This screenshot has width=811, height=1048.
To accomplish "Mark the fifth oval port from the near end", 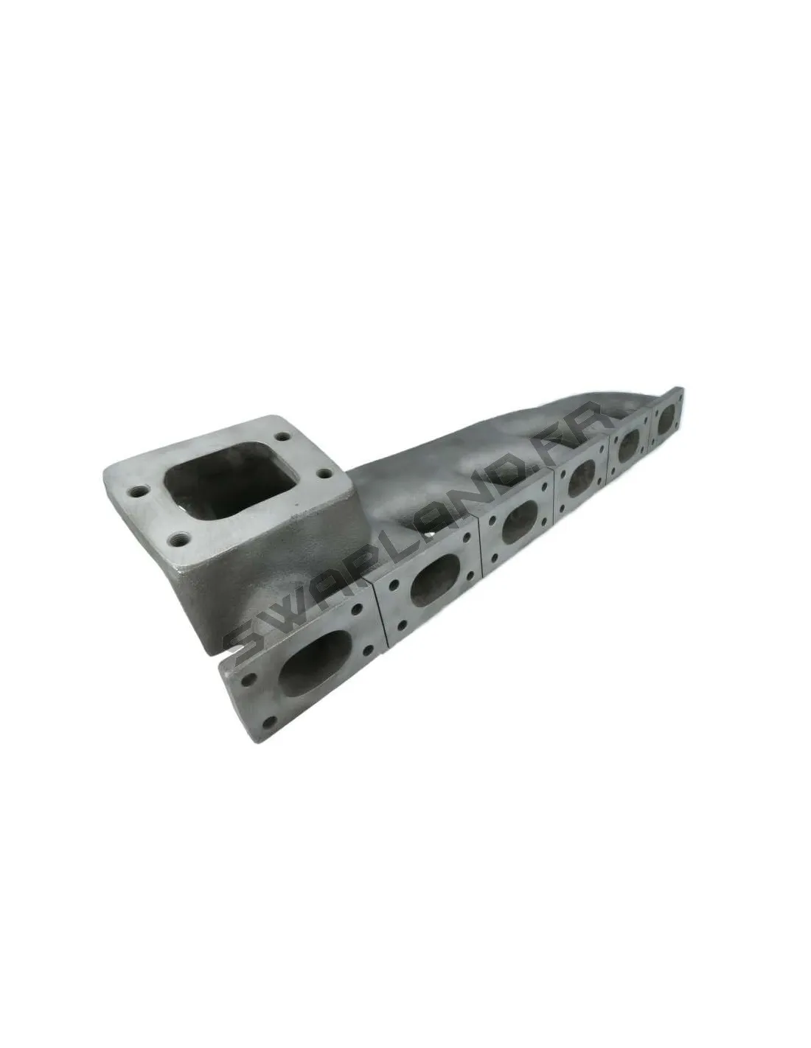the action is pos(630,440).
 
